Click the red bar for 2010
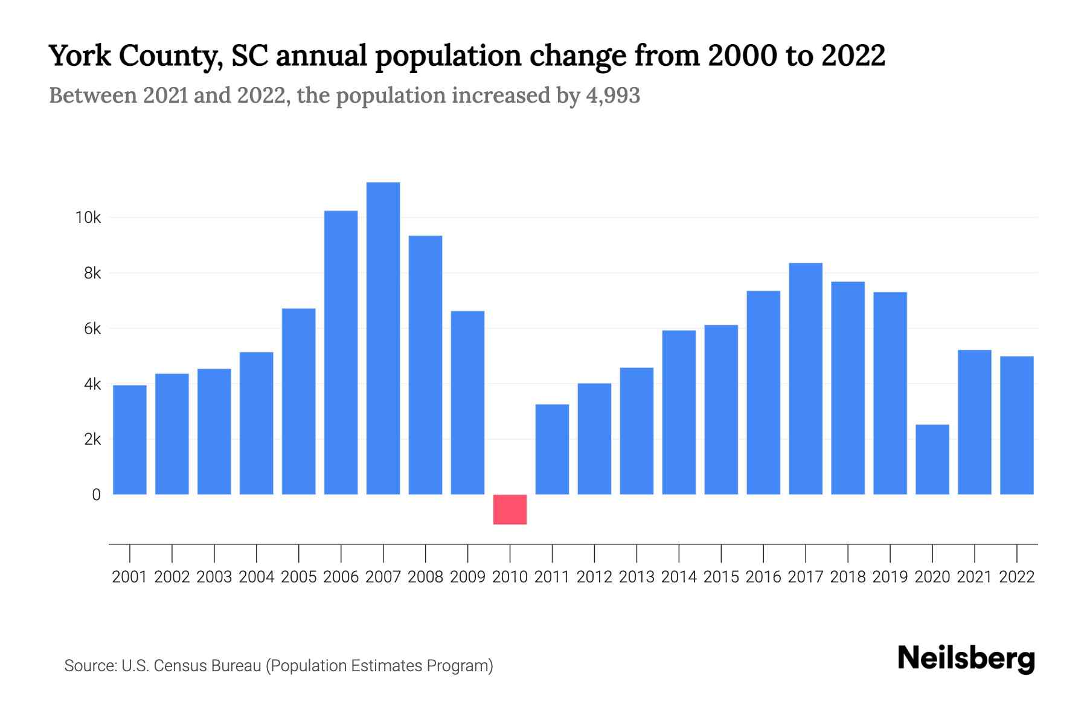(x=510, y=509)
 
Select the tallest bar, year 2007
(x=383, y=338)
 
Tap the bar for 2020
(x=932, y=459)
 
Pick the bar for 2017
(x=805, y=379)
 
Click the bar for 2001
(x=130, y=440)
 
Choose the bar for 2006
(x=341, y=352)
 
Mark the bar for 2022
(x=1016, y=425)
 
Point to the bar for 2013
(x=636, y=431)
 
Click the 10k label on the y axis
(x=88, y=217)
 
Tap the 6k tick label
(x=92, y=329)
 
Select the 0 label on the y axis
(x=96, y=495)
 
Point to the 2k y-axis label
(x=92, y=439)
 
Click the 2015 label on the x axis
(x=721, y=577)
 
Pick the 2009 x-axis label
(x=467, y=577)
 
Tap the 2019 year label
(x=890, y=577)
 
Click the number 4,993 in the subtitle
(x=612, y=95)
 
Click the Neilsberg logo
(x=966, y=659)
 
